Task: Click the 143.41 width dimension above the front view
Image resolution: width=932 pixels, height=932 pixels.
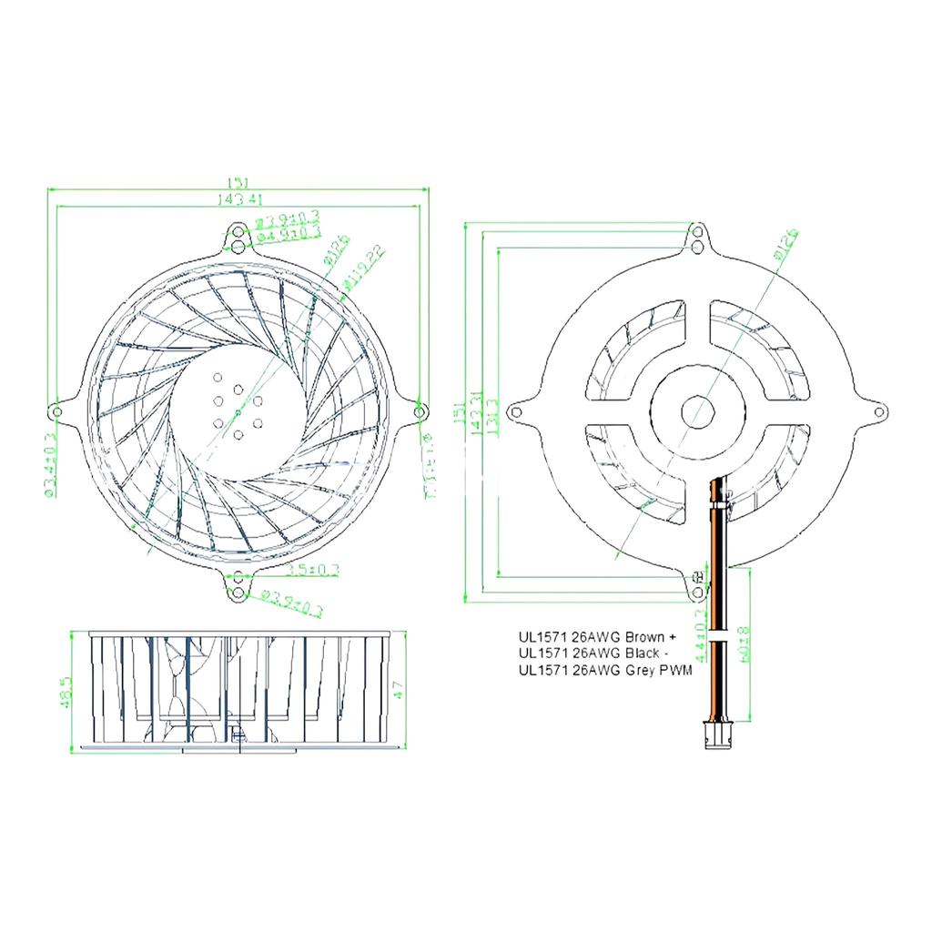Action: (238, 198)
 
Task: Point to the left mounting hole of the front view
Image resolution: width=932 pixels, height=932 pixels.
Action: (57, 411)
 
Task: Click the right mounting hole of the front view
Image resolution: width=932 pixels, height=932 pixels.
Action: (419, 411)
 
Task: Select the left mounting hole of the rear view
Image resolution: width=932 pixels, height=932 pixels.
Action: (517, 411)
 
